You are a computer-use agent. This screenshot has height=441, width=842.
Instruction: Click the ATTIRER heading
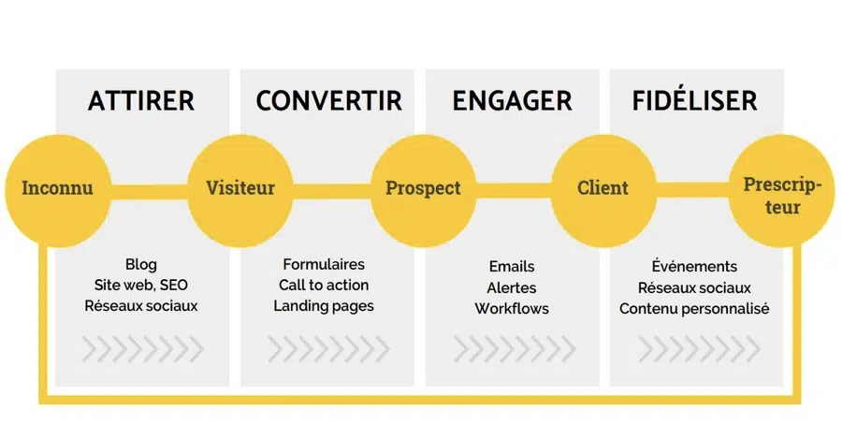click(x=141, y=101)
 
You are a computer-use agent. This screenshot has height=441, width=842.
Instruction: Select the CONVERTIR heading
click(x=328, y=101)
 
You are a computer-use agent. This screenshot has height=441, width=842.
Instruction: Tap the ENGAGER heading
click(x=513, y=101)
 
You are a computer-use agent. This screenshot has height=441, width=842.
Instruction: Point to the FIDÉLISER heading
click(x=695, y=100)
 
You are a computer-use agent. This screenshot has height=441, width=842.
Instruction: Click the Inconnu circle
click(x=57, y=190)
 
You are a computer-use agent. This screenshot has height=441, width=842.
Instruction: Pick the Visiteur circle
click(x=240, y=190)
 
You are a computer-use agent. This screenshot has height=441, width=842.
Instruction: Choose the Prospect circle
click(x=423, y=190)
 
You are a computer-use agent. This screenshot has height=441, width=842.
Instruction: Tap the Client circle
click(x=603, y=190)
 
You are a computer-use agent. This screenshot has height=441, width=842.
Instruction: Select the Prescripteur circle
click(x=782, y=190)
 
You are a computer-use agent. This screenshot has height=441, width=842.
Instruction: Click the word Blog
click(x=141, y=265)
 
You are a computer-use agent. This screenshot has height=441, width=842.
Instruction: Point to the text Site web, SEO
click(x=141, y=285)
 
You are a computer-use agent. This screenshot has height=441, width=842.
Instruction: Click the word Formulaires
click(x=324, y=264)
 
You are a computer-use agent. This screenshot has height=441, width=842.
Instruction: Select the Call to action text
click(x=324, y=285)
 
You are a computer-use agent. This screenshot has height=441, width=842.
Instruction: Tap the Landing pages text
click(x=324, y=306)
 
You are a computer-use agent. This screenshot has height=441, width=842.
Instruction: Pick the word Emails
click(x=512, y=267)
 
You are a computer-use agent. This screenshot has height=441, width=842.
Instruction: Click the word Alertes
click(x=512, y=287)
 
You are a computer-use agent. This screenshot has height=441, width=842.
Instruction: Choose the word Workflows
click(x=512, y=309)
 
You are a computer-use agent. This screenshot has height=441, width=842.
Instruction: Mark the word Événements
click(x=694, y=266)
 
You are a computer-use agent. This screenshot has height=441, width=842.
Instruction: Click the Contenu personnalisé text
click(x=694, y=309)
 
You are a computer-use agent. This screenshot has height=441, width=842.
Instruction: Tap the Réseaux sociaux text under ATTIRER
click(x=141, y=305)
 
